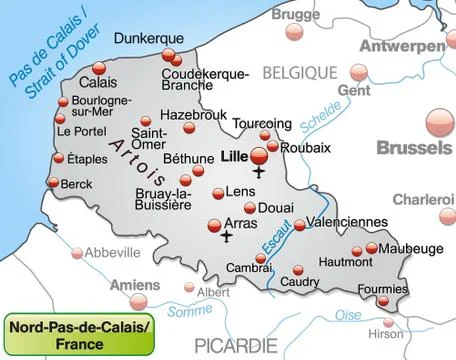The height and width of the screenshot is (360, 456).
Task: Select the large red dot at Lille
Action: [259, 156]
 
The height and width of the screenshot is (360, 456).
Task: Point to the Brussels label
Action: [413, 149]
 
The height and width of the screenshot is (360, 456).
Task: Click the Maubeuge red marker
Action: [372, 248]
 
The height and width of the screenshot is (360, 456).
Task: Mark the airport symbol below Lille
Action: [260, 173]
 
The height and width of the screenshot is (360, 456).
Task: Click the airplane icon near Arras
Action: [227, 238]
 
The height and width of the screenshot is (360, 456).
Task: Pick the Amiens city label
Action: [134, 284]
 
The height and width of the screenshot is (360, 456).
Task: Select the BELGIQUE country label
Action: [300, 73]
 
